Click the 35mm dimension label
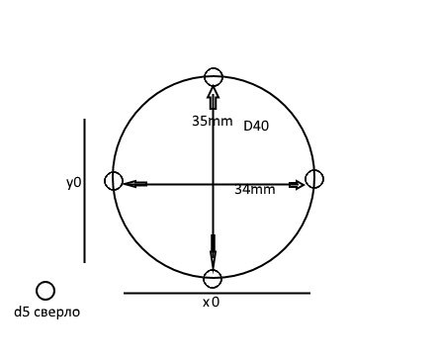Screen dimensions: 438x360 [213, 121]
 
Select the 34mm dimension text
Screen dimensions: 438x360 [255, 190]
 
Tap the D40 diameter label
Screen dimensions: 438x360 [256, 126]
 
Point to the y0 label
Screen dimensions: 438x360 [73, 183]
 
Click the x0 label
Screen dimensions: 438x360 [211, 302]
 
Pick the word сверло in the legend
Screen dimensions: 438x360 [56, 313]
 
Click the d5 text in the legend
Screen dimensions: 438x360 [22, 312]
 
